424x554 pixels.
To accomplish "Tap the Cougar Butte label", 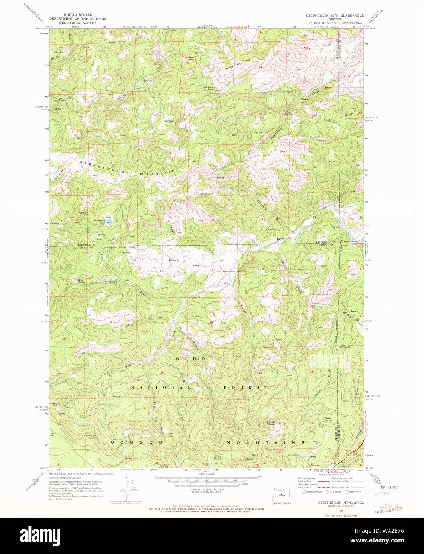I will point(272,423).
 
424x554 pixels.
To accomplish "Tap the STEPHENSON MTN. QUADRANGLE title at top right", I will point(335,15).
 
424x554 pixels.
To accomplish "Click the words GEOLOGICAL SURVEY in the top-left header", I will point(70,23).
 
